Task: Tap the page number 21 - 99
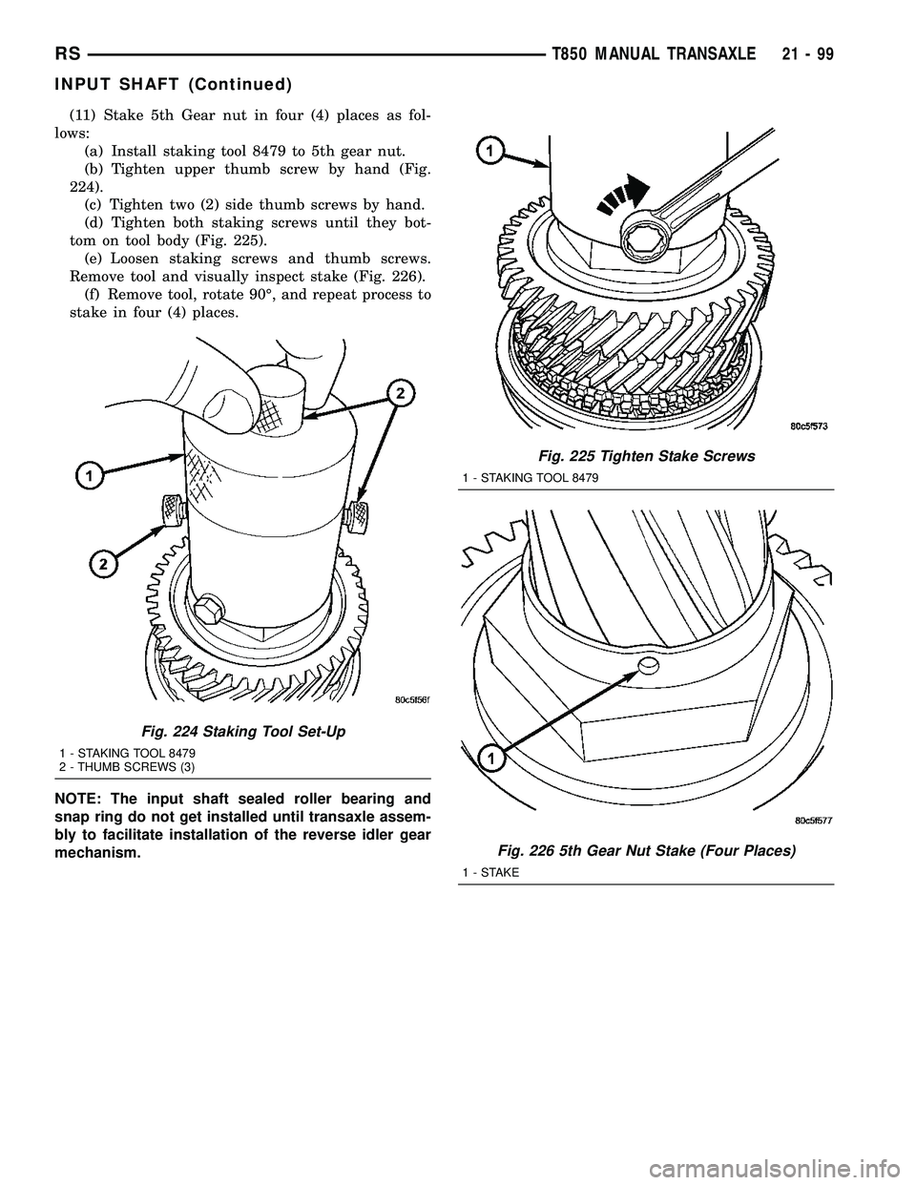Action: coord(802,55)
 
